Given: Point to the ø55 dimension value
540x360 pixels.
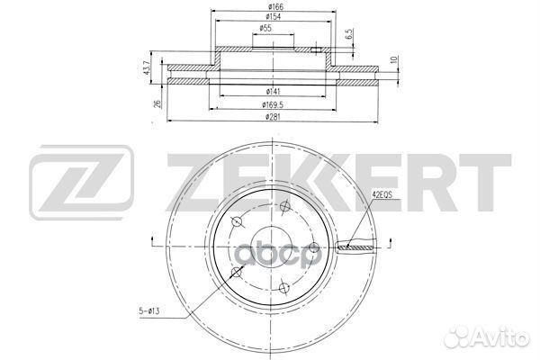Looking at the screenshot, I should click(x=266, y=30).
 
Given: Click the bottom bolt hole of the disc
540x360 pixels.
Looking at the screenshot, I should click(x=282, y=288).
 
